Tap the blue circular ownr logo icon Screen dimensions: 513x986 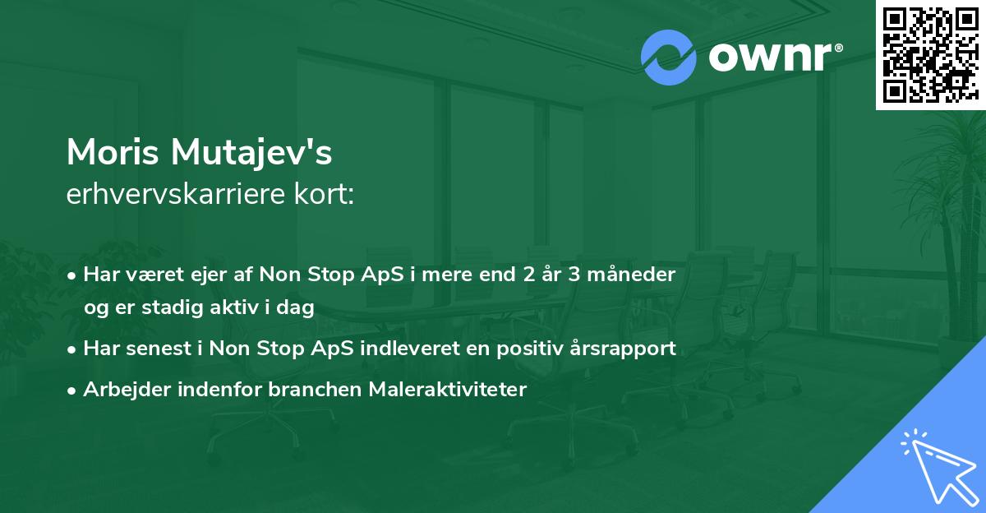pyautogui.click(x=669, y=58)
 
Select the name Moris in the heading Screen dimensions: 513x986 pyautogui.click(x=114, y=153)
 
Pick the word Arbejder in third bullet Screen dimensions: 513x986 pyautogui.click(x=118, y=390)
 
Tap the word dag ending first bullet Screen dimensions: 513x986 pyautogui.click(x=297, y=308)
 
